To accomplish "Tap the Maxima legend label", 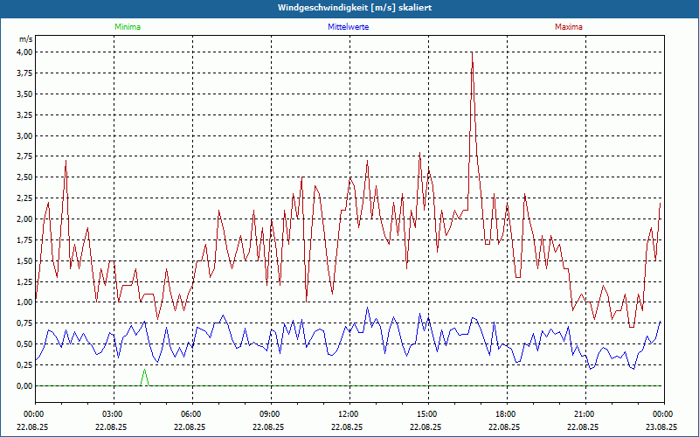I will [568, 27].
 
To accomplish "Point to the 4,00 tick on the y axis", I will [24, 52].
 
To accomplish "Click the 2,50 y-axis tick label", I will [24, 177].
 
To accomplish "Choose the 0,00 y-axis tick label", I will [24, 386].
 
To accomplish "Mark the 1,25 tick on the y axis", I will [24, 282].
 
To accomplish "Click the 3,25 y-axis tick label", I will [24, 115].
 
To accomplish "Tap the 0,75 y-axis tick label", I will [24, 324].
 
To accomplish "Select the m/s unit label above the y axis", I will [25, 39].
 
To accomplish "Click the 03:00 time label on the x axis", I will [114, 414].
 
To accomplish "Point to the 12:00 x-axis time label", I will [349, 414].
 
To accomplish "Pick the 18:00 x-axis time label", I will [506, 414].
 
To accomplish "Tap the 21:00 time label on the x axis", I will [585, 414].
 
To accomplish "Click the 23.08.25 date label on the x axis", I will [662, 427].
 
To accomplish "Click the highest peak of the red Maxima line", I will [472, 52].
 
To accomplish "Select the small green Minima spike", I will [144, 371].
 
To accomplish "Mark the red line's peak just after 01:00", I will [66, 161].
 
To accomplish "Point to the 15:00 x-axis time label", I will [427, 414].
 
